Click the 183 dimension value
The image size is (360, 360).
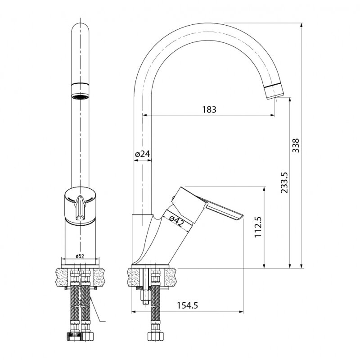(209, 109)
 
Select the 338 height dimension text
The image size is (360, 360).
(296, 145)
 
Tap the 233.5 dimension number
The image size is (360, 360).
(284, 182)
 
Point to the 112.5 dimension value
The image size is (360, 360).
(258, 227)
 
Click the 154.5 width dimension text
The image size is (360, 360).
(187, 305)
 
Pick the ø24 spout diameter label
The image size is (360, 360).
(142, 154)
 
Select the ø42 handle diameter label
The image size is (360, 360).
(177, 221)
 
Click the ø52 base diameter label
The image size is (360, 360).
(80, 256)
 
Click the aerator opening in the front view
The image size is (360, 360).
(81, 96)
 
